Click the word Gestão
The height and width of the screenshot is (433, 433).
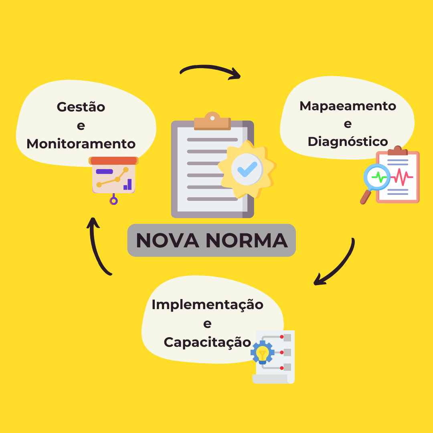click(x=81, y=107)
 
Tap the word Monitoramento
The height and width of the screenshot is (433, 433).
click(x=81, y=144)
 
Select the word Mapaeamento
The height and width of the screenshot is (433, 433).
click(x=348, y=106)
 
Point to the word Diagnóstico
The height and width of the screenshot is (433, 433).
click(x=348, y=141)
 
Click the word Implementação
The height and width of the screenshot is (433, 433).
click(x=207, y=305)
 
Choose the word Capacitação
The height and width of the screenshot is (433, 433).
click(x=207, y=342)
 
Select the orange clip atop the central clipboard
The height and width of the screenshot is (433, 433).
click(x=212, y=121)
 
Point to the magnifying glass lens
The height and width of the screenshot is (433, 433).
click(x=377, y=177)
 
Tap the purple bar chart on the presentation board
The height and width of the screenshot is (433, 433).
click(x=127, y=184)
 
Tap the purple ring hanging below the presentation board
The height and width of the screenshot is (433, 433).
click(x=114, y=201)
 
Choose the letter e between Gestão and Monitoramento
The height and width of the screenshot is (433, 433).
click(x=81, y=125)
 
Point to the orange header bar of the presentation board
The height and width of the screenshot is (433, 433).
click(x=114, y=160)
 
